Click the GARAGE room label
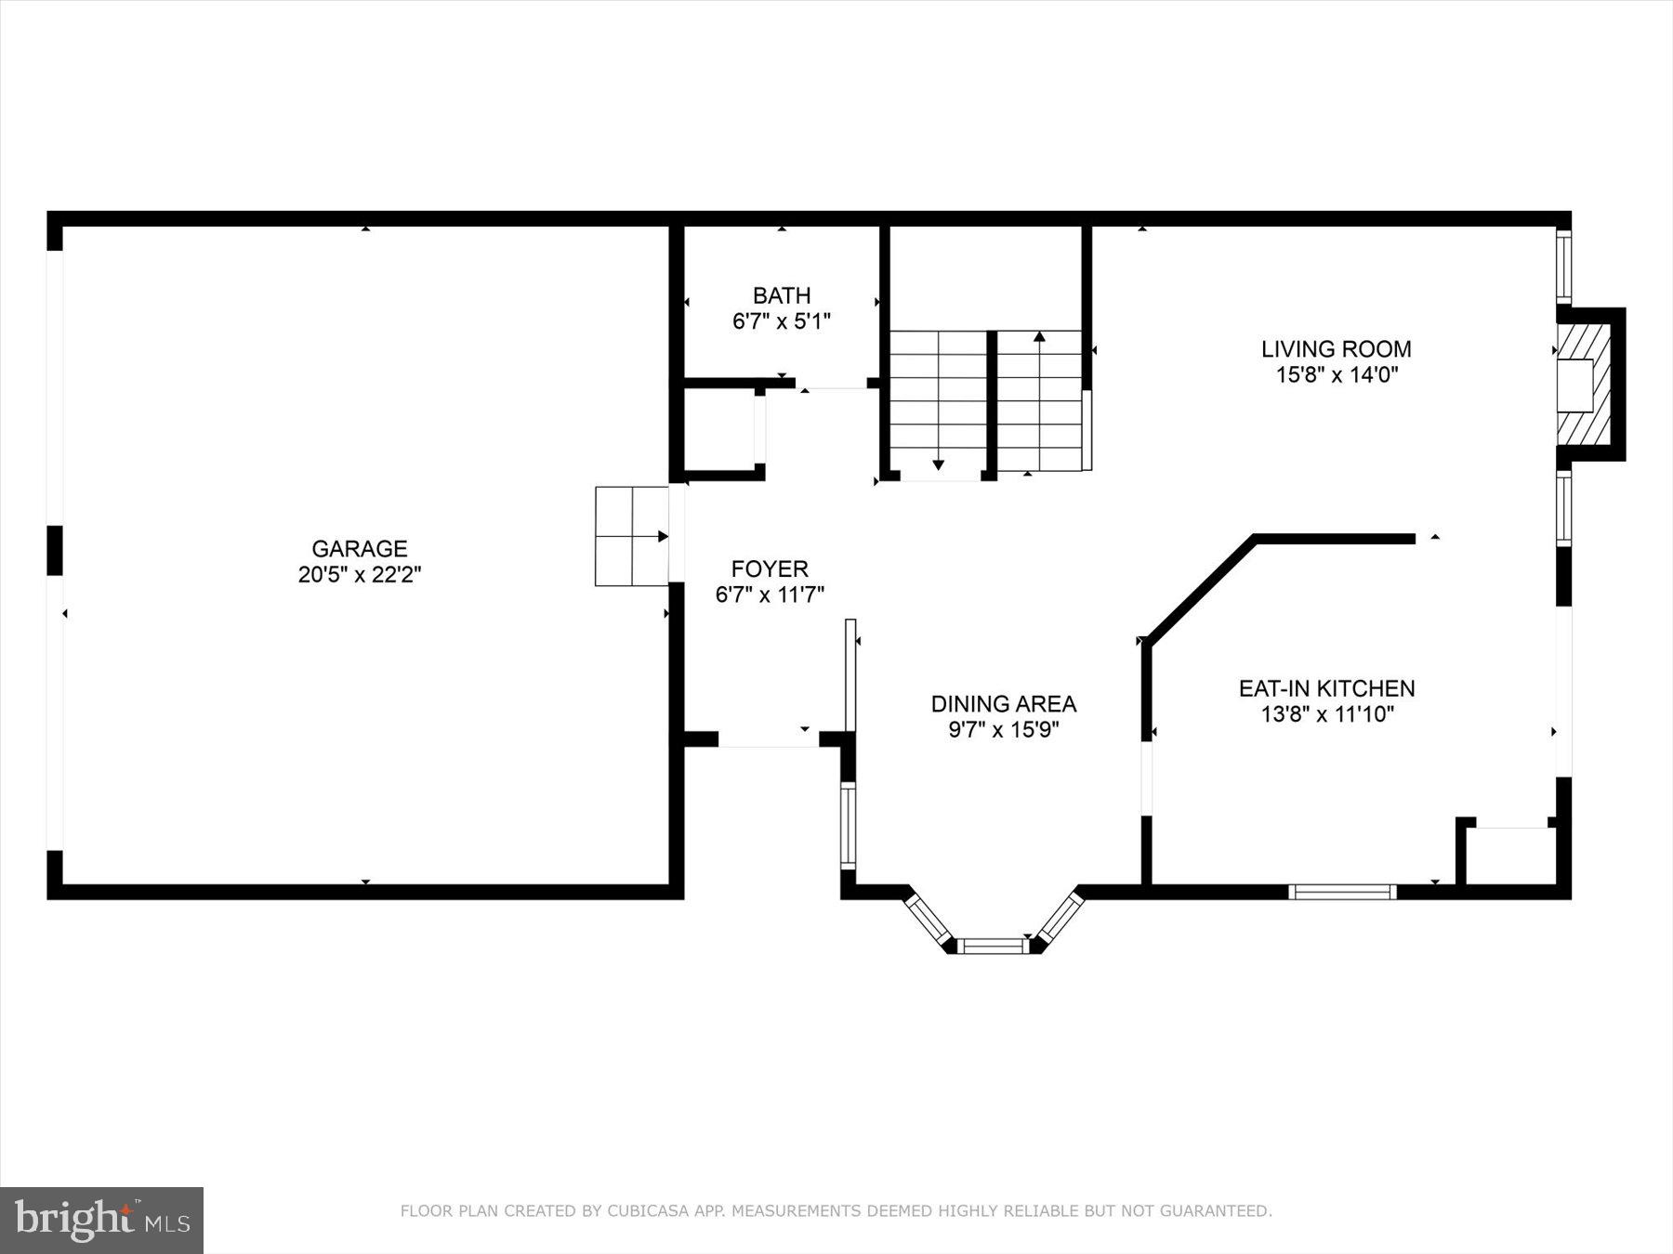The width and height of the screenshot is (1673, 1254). (x=359, y=548)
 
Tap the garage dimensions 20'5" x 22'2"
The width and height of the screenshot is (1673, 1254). (x=359, y=575)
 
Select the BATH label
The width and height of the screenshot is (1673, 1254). (x=781, y=295)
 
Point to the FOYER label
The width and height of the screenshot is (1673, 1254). (x=769, y=568)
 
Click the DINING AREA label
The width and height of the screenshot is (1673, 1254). (x=1003, y=703)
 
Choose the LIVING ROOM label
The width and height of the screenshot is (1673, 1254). (x=1336, y=349)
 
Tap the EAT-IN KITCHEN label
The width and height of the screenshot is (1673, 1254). (x=1326, y=688)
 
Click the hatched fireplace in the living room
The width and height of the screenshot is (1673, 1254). (x=1584, y=385)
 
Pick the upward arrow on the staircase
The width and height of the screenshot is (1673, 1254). (x=1039, y=337)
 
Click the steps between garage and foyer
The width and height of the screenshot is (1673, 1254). (x=631, y=536)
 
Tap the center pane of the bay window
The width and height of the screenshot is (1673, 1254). (x=992, y=946)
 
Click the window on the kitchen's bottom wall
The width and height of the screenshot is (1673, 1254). (x=1342, y=892)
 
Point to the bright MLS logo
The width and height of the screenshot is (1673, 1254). (x=101, y=1220)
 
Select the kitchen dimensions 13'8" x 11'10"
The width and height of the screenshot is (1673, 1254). (x=1326, y=714)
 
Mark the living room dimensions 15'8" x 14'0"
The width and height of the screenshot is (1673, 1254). (x=1336, y=375)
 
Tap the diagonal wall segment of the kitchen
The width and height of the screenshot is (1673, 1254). (x=1200, y=589)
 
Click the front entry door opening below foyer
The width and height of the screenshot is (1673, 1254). (x=769, y=740)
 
